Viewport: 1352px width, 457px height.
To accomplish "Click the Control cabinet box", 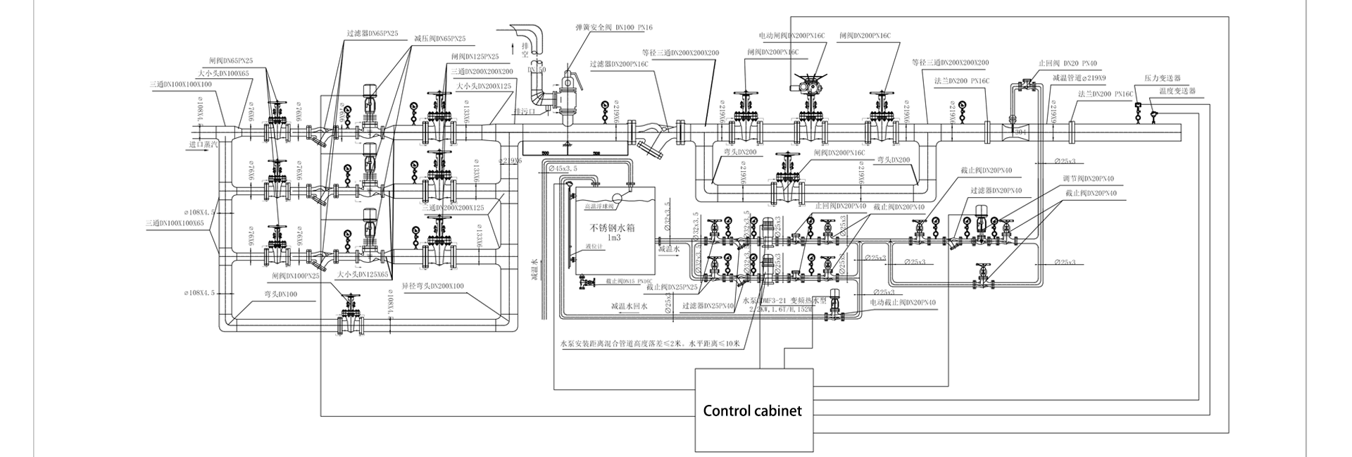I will point(753,410).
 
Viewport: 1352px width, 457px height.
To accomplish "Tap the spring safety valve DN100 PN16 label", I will point(613,27).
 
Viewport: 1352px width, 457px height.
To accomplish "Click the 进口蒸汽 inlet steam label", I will point(204,144).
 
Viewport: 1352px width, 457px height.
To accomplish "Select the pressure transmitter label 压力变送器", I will point(1162,79).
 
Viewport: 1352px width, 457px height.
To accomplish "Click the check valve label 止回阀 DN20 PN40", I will point(1068,63).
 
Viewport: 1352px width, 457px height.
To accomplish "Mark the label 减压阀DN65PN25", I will point(439,39).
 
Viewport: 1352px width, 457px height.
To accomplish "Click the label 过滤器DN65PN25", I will point(373,33).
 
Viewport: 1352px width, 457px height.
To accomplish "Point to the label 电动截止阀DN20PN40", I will point(903,303).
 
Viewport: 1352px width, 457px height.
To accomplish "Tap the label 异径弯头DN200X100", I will point(432,286).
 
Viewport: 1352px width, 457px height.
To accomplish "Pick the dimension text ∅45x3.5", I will point(561,168).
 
